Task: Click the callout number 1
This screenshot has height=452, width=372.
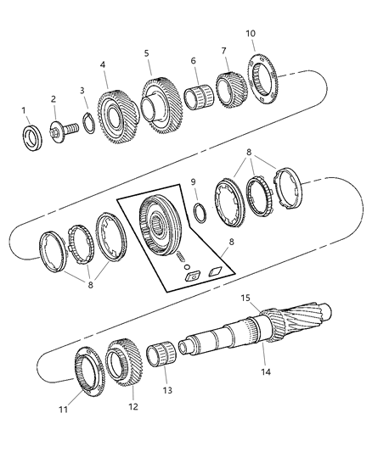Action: [25, 109]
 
